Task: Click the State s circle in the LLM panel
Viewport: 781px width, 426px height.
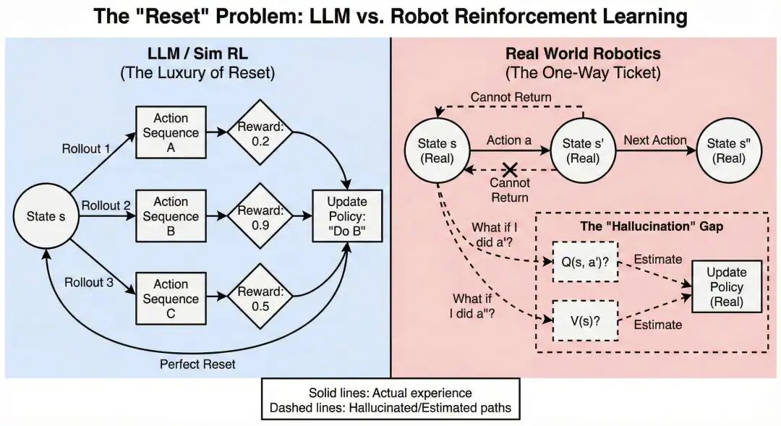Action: coord(46,216)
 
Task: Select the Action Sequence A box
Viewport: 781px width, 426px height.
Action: coord(171,133)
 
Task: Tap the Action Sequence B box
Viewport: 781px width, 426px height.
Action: coord(171,216)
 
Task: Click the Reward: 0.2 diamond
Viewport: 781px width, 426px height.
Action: coord(257,133)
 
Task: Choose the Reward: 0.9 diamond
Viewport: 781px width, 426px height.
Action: coord(257,216)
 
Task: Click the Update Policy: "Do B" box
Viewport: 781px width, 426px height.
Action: coord(347,216)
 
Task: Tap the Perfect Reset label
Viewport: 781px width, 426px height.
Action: coord(197,364)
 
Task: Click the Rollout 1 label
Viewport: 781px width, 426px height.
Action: coord(87,149)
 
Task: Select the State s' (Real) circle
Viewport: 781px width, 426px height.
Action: coord(581,150)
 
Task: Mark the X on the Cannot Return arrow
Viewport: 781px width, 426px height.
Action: coord(510,170)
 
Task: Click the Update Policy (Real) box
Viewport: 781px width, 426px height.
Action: coord(726,287)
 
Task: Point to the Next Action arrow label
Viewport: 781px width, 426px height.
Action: coord(654,140)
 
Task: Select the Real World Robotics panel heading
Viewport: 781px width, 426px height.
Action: coord(582,54)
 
